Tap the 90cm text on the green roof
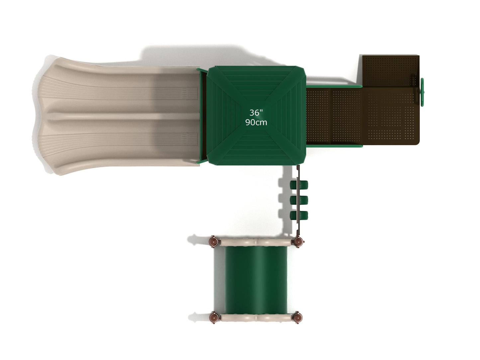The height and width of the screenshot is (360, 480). pyautogui.click(x=256, y=122)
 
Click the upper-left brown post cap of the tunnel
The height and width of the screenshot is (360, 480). pyautogui.click(x=213, y=241)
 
